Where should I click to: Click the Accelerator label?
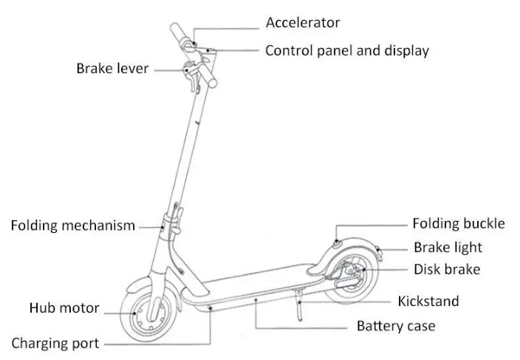coord(303,22)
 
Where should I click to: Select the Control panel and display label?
coord(346,51)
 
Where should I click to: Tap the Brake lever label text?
coord(112,69)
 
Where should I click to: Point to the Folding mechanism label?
coord(72,225)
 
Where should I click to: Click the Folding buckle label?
coord(458,223)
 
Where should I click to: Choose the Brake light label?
coord(448,248)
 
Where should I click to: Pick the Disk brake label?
coord(446,270)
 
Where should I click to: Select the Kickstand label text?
coord(428,301)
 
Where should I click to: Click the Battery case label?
coord(396,326)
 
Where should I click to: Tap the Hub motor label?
coord(64,308)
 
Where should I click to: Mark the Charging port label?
coord(55,344)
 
